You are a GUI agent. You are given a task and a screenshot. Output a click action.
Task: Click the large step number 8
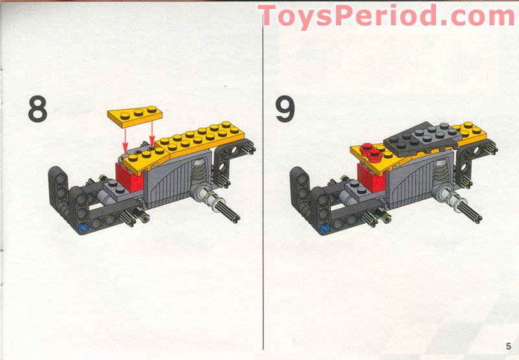(38, 109)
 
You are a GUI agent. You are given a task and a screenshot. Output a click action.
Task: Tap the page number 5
(509, 344)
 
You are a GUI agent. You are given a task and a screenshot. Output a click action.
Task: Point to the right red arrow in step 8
(152, 136)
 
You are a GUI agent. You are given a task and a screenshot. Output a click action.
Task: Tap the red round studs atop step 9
(372, 153)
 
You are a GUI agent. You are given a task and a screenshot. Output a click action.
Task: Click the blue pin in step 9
(322, 228)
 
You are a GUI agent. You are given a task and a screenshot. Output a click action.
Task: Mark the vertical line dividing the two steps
(262, 195)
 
